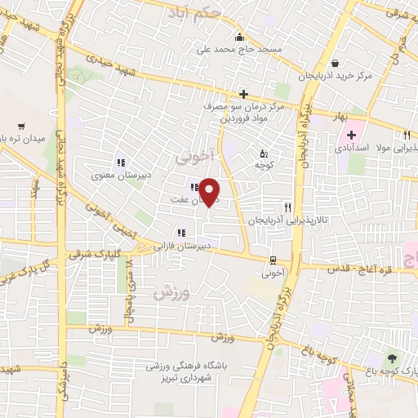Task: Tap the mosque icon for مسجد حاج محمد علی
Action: pos(239,37)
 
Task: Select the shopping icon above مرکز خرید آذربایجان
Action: pos(336,63)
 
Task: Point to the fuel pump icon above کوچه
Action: pos(263,153)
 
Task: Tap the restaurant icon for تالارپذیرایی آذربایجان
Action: pos(287,208)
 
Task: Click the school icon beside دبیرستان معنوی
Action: pos(121,162)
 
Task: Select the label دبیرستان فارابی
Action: pos(185,245)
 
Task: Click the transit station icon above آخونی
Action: pos(273,260)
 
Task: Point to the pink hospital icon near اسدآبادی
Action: pos(351,135)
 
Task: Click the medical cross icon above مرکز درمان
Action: pos(242,94)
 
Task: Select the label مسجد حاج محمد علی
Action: pos(246,49)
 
